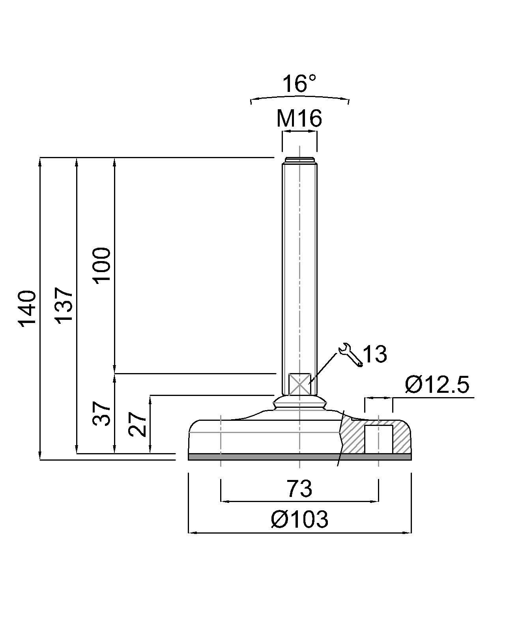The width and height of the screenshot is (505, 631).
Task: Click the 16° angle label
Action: tap(299, 84)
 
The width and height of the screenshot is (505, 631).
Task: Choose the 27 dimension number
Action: tap(138, 424)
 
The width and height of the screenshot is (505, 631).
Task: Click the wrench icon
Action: tap(350, 355)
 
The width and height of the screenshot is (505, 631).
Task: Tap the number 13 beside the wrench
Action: tap(374, 354)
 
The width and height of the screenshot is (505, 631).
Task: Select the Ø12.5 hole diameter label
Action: tap(437, 385)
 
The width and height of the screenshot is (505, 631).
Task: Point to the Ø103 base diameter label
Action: tap(299, 519)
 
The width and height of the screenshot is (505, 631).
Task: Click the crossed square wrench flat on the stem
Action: tap(299, 383)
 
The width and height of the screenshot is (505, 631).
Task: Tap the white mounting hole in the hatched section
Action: tap(378, 439)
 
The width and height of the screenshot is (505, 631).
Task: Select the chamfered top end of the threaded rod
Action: tap(299, 160)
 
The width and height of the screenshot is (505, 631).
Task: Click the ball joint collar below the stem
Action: tap(299, 403)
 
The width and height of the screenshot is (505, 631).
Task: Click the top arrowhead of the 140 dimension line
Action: tap(40, 162)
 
